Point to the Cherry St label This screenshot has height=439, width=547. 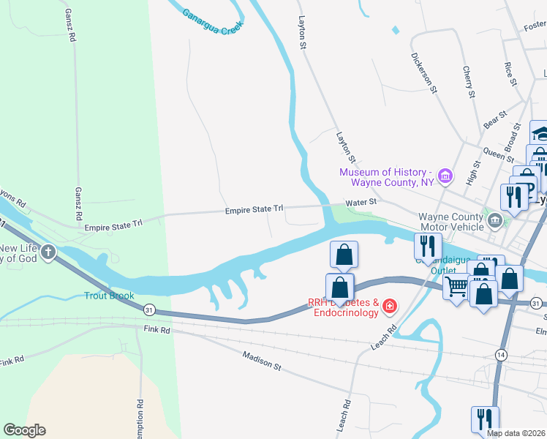pos(469,82)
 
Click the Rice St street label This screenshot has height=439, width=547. pos(510,73)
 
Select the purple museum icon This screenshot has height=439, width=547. pos(445,176)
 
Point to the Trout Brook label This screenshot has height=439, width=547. pos(109,296)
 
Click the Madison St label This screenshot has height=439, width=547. pos(262,360)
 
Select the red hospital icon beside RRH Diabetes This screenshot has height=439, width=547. pos(390,305)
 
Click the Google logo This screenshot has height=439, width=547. pos(24,430)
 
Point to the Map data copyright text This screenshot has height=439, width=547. pos(516,433)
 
